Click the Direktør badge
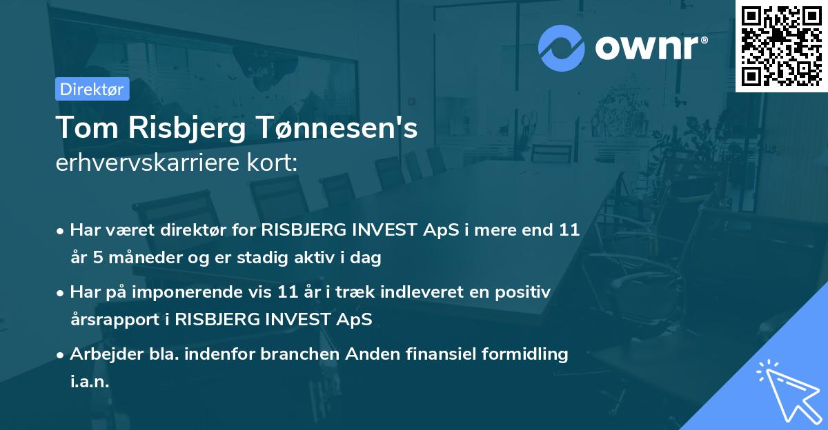(x=92, y=89)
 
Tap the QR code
(x=781, y=45)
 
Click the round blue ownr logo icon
(x=562, y=48)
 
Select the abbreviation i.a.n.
(x=90, y=382)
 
